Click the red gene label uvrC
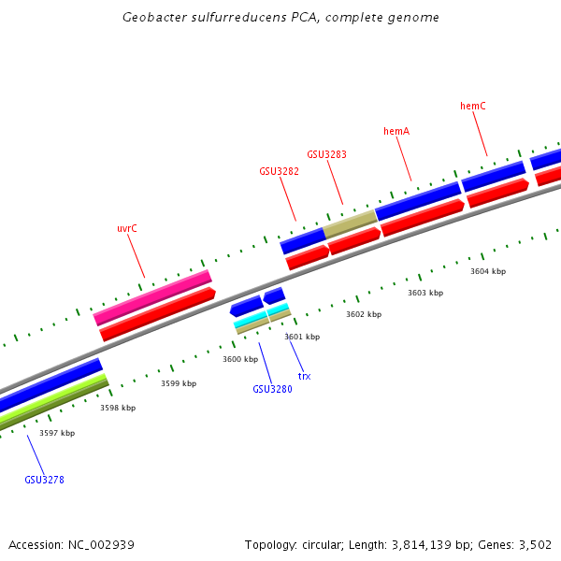(x=127, y=228)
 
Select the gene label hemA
(x=396, y=131)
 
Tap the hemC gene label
(x=473, y=107)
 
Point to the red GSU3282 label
(x=279, y=171)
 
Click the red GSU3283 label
(x=326, y=154)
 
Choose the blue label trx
(x=304, y=376)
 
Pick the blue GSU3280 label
(x=272, y=389)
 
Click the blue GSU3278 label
(x=44, y=480)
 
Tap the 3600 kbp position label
(x=239, y=359)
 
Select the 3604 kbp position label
(x=488, y=271)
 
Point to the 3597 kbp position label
(x=57, y=433)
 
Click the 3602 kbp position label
(x=364, y=314)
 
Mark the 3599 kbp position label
(x=179, y=383)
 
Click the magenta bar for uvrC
(x=152, y=297)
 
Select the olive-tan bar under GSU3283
(x=350, y=223)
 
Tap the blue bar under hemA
(x=418, y=201)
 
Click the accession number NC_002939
(x=102, y=544)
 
